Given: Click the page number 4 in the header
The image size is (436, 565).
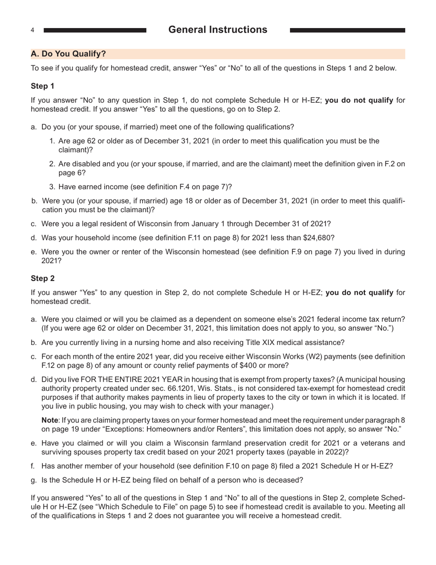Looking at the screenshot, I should (x=33, y=30).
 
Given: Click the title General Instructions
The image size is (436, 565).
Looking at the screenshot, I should (x=218, y=30).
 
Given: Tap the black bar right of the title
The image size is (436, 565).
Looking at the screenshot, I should (x=347, y=30).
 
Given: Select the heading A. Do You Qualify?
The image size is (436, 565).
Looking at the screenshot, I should (x=68, y=54).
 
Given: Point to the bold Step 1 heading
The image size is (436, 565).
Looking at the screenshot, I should (x=43, y=86).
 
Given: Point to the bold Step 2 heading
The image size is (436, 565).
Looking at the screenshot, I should (x=43, y=278).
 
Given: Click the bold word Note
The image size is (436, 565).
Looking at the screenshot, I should (x=50, y=420).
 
